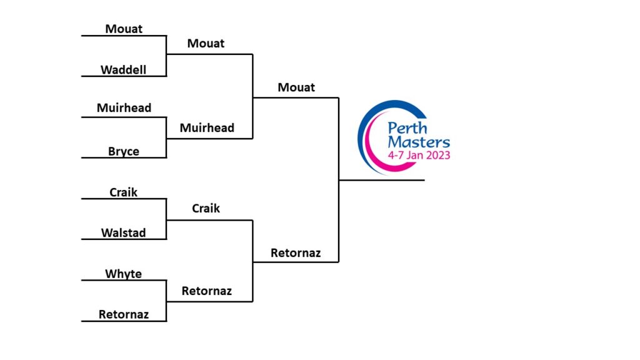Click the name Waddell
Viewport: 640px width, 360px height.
point(124,70)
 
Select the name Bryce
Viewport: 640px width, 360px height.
point(124,151)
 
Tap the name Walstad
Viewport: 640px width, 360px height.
point(124,233)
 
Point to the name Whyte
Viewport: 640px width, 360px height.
point(124,274)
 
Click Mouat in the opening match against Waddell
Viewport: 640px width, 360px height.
point(124,29)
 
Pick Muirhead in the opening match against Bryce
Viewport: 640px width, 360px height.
point(124,108)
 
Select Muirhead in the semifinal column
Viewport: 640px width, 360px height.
point(207,128)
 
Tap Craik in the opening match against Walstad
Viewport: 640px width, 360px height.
point(124,192)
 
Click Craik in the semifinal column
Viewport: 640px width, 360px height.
point(206,209)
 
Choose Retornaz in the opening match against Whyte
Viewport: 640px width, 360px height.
point(124,314)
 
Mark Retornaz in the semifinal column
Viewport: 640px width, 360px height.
point(207,291)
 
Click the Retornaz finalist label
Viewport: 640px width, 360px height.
point(296,253)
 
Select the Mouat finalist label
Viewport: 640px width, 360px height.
point(296,87)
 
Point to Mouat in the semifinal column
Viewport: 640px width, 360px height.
point(206,44)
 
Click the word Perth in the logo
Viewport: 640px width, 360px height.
point(407,128)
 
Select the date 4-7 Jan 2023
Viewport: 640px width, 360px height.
point(419,156)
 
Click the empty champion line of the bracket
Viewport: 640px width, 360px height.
point(382,180)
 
